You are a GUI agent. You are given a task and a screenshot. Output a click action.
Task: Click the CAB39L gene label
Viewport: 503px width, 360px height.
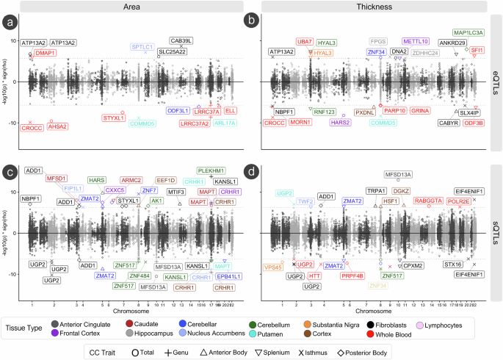[181, 41]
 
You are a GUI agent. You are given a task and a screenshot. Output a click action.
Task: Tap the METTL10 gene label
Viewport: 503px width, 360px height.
[416, 42]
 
